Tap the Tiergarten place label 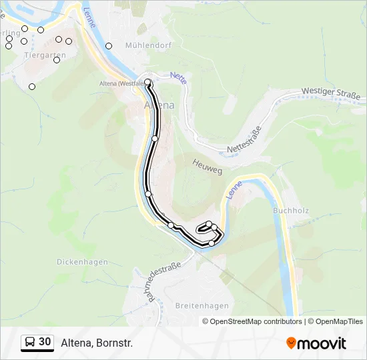(x=45, y=55)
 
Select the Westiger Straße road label (x=330, y=93)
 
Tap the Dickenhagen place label (x=82, y=262)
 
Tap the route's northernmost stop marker (x=148, y=82)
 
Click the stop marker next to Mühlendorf (x=109, y=46)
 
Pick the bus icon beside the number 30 (x=30, y=343)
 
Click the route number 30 (x=45, y=342)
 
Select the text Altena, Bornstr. (x=97, y=343)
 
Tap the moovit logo (x=316, y=343)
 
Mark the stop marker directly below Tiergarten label (x=57, y=60)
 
